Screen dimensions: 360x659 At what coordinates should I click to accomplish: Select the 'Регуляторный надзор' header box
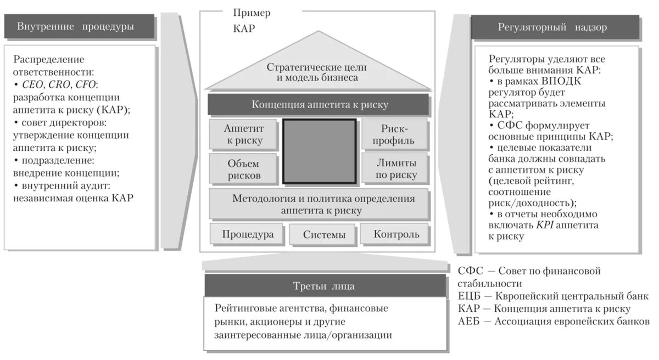point(555,27)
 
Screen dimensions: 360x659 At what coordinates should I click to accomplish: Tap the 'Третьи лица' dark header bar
point(325,286)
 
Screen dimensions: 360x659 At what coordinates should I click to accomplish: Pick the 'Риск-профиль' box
point(394,134)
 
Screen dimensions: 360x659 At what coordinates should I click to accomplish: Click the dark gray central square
point(319,150)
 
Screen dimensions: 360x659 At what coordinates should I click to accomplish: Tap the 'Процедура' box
point(248,234)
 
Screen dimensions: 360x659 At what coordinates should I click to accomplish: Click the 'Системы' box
point(324,235)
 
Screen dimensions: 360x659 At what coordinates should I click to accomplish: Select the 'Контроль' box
point(396,234)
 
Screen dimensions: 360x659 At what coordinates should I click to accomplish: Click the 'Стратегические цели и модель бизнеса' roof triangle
point(317,71)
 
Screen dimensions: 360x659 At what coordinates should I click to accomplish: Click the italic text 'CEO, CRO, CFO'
point(60,84)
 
